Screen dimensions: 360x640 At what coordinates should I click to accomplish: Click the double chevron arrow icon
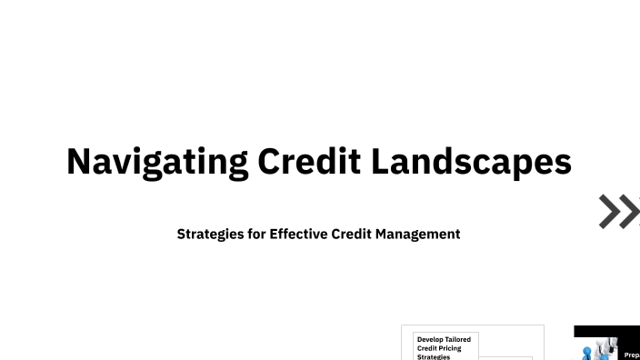pos(619,211)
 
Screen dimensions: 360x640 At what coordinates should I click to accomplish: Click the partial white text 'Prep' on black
pos(631,355)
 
